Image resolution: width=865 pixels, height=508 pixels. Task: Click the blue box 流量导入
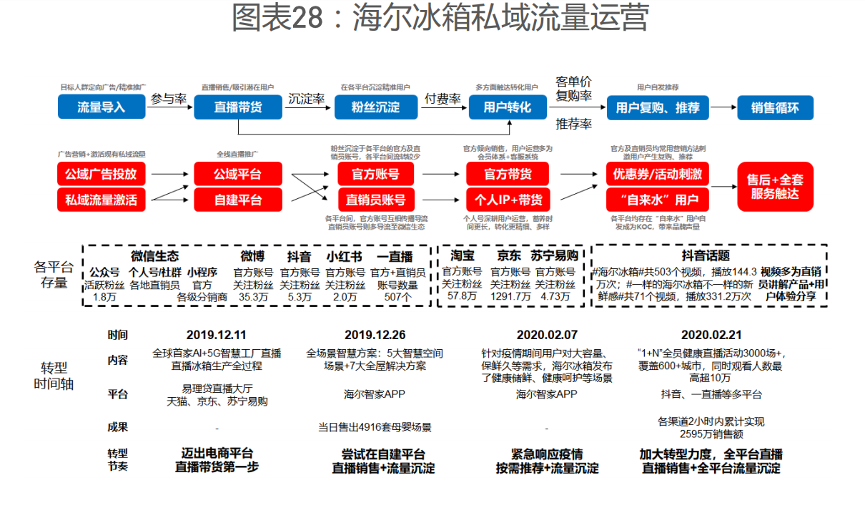[x=101, y=107]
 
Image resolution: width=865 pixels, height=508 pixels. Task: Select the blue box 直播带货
[x=237, y=107]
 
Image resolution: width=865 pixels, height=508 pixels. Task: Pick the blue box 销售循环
[x=774, y=108]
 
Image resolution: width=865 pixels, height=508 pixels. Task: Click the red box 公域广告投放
[x=101, y=174]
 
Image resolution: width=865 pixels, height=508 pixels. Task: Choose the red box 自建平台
[x=237, y=200]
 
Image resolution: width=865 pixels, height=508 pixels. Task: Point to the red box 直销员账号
[x=375, y=200]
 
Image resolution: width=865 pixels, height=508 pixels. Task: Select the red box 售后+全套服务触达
[x=775, y=186]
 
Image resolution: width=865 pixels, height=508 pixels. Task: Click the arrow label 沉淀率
[x=307, y=99]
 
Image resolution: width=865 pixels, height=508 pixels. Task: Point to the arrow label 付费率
[x=443, y=99]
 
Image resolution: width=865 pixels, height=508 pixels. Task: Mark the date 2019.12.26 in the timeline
[x=375, y=335]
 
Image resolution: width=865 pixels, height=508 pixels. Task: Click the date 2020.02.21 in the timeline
[x=711, y=335]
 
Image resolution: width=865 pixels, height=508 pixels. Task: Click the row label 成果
[x=118, y=427]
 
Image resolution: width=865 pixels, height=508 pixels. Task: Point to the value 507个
[x=397, y=296]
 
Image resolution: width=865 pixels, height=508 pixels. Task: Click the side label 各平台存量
[x=54, y=275]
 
